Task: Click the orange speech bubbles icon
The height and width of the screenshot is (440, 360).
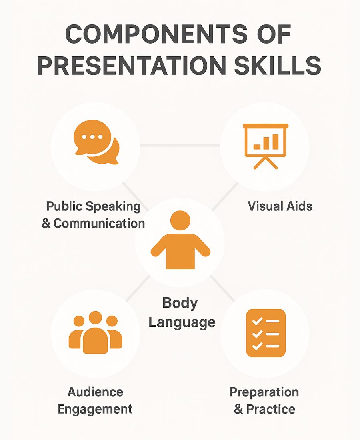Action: [x=96, y=142]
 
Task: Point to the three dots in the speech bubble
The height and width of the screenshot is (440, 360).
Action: [x=92, y=137]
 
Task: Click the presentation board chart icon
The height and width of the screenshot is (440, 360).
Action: [x=266, y=145]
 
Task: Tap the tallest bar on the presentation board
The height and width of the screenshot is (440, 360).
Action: [x=275, y=141]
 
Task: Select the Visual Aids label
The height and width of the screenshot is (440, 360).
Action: [x=280, y=206]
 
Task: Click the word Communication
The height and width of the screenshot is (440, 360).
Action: [x=99, y=223]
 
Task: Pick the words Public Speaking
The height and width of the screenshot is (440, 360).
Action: [x=94, y=206]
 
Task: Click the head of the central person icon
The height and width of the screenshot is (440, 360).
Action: [x=180, y=220]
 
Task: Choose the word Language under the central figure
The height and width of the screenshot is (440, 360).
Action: [x=182, y=322]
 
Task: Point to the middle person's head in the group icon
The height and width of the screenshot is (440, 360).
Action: [x=95, y=318]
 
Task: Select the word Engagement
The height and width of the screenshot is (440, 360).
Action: [x=95, y=409]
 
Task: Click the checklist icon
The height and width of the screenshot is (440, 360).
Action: [x=266, y=333]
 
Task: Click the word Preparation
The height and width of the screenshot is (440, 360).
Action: [x=264, y=392]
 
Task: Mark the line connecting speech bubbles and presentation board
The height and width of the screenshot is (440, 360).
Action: [x=180, y=145]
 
